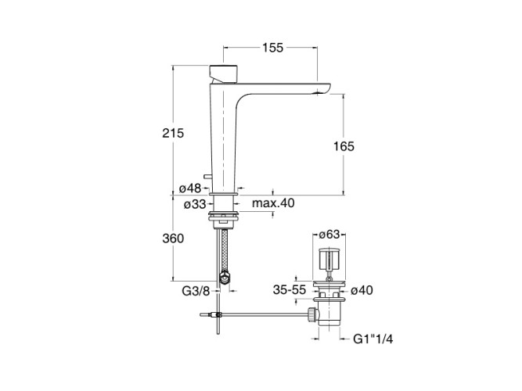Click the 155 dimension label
tap(272, 48)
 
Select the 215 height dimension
tap(173, 133)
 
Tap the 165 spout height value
tap(344, 146)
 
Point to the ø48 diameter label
tap(190, 188)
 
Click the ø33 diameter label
tap(195, 204)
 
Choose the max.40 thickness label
tap(273, 203)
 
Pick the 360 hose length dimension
tap(173, 239)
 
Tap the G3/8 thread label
tap(196, 291)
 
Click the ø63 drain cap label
tap(329, 235)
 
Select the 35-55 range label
tap(290, 290)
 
